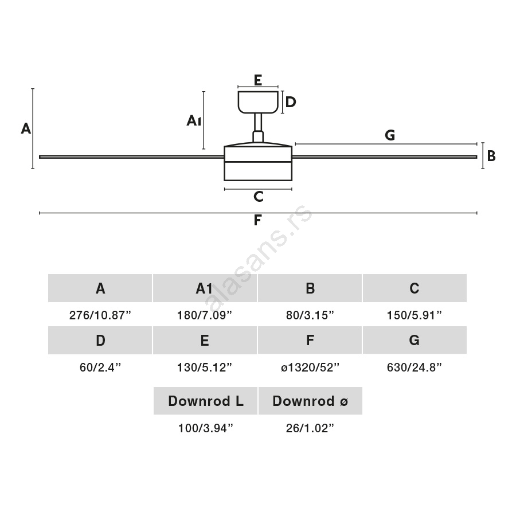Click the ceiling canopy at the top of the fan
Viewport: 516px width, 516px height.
coord(258,101)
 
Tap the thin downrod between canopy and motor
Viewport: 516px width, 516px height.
coord(258,122)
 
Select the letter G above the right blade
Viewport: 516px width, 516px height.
coord(390,135)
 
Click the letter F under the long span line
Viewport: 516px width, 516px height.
coord(258,220)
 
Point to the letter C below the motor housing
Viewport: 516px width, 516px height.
coord(258,197)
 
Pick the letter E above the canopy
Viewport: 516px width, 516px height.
coord(258,80)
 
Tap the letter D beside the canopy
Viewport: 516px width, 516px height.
coord(291,102)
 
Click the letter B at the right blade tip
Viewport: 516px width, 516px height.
coord(491,155)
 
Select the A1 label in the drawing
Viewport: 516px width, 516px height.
coord(193,120)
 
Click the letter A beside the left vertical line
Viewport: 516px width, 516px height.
coord(26,128)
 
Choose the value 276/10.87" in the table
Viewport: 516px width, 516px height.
coord(100,315)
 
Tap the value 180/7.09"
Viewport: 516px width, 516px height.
coord(205,315)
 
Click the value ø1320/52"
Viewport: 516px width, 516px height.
coord(310,368)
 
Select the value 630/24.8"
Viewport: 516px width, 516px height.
coord(415,368)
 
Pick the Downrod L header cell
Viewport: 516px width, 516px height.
coord(205,401)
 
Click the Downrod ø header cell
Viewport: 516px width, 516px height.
coord(310,401)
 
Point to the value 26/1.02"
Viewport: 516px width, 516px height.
coord(310,428)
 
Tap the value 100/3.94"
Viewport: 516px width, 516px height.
coord(205,428)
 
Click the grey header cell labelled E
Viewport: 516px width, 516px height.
coord(205,341)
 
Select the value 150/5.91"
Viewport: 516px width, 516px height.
coord(415,315)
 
